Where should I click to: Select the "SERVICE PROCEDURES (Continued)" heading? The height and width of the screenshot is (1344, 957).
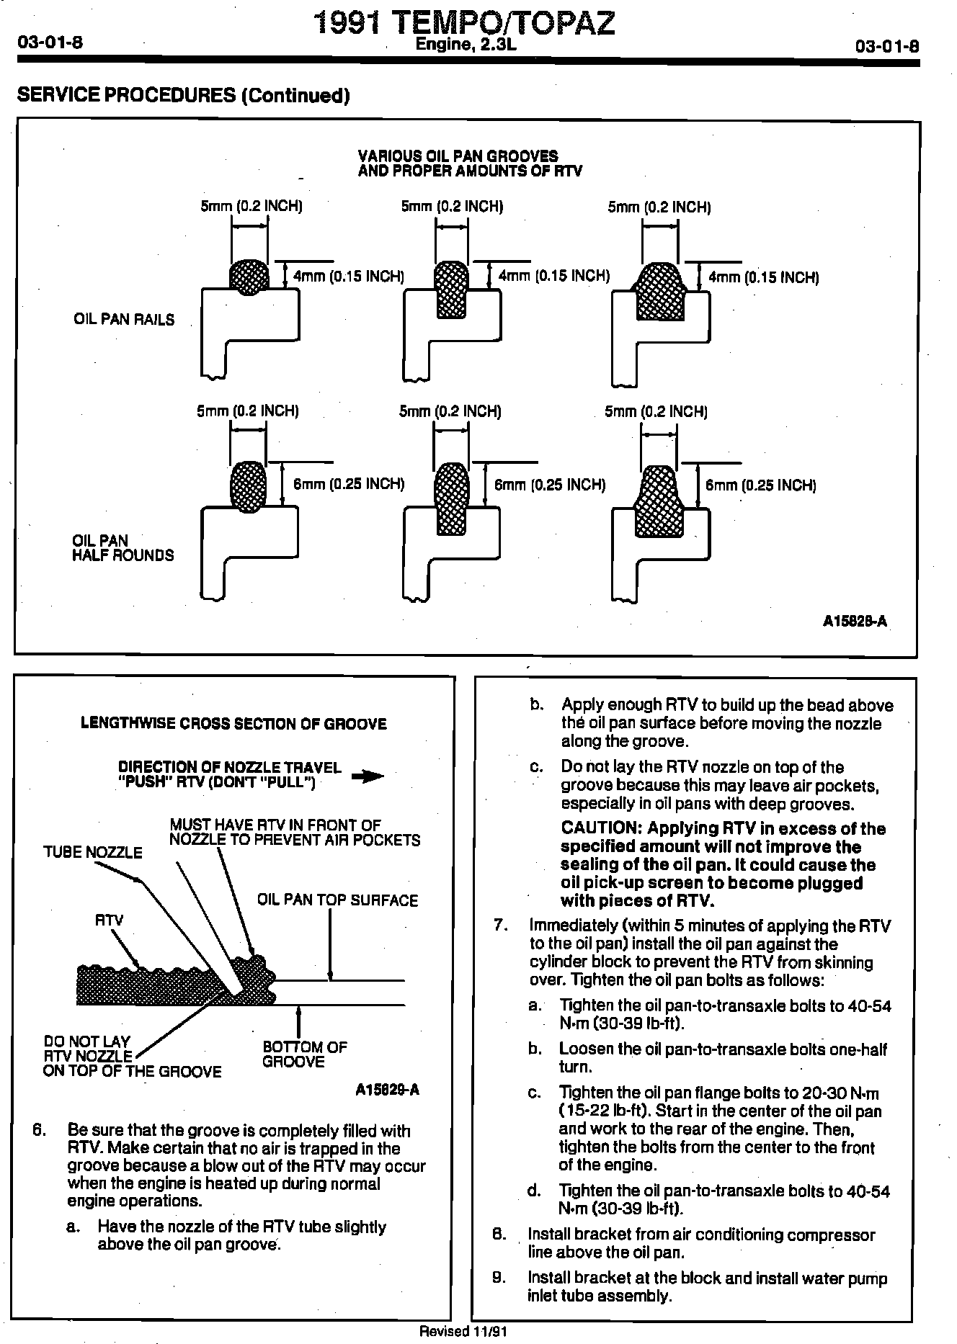183,95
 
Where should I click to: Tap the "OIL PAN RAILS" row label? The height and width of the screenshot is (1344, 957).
124,319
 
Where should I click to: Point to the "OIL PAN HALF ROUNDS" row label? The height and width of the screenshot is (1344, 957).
123,547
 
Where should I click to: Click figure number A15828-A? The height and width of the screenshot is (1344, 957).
855,620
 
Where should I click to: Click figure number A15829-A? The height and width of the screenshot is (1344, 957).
387,1090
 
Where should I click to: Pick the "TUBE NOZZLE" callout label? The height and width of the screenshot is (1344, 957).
93,853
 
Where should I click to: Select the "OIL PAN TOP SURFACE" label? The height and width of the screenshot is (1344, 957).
337,900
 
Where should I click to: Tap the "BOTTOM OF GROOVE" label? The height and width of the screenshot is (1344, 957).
304,1054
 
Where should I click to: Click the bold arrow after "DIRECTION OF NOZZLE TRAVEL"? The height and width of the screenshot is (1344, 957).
368,776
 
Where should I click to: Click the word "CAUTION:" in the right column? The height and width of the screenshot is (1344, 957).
601,829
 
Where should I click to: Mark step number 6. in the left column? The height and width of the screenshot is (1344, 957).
40,1131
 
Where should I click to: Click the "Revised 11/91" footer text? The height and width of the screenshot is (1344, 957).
463,1332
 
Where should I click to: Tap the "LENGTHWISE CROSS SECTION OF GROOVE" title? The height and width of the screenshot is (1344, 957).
233,724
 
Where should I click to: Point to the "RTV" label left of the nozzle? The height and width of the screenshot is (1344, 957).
110,920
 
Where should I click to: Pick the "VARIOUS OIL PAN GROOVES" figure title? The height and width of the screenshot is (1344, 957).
458,156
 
